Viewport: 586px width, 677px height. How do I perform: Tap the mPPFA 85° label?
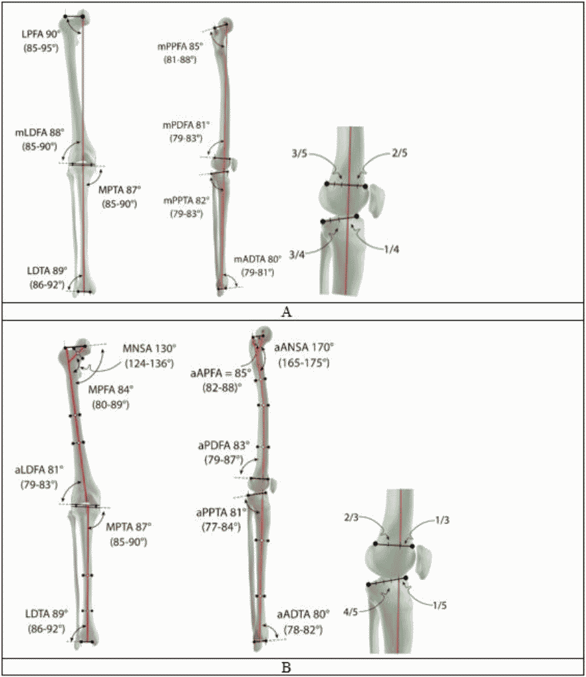pyautogui.click(x=180, y=46)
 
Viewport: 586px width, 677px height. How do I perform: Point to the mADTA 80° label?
pyautogui.click(x=258, y=259)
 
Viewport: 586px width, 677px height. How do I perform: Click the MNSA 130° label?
pyautogui.click(x=150, y=348)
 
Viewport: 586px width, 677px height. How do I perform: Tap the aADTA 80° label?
pyautogui.click(x=303, y=614)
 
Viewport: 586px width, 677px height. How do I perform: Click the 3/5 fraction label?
pyautogui.click(x=299, y=153)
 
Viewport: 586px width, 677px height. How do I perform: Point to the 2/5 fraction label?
pyautogui.click(x=400, y=153)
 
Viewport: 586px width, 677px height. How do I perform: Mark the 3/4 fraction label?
pyautogui.click(x=297, y=255)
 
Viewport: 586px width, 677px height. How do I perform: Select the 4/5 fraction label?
pyautogui.click(x=351, y=612)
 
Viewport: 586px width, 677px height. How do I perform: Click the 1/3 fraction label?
pyautogui.click(x=442, y=520)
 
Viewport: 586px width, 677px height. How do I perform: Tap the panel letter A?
pyautogui.click(x=286, y=312)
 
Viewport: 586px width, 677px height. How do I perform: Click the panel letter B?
pyautogui.click(x=286, y=668)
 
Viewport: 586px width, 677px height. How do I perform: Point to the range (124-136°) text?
pyautogui.click(x=150, y=363)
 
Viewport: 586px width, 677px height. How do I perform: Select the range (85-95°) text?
pyautogui.click(x=41, y=48)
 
